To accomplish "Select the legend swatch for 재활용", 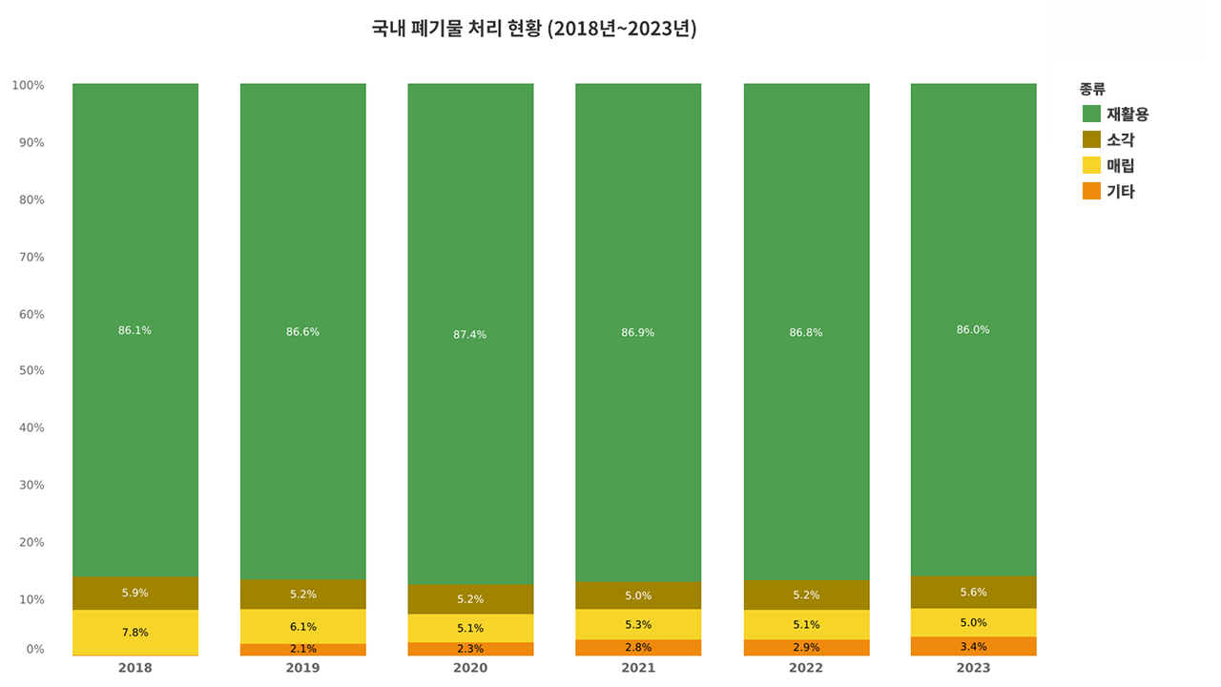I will (1092, 114).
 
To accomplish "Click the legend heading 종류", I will (1092, 89).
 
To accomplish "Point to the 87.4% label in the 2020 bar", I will (470, 335).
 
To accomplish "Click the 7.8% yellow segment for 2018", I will (135, 633).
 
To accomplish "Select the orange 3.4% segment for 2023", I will (973, 646).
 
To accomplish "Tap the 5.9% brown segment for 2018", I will (135, 593).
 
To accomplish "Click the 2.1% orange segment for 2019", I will (302, 649).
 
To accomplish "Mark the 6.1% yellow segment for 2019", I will (302, 627).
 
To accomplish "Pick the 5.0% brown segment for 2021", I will (638, 595).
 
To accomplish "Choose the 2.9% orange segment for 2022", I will (806, 647).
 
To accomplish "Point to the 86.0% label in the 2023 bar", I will (973, 330).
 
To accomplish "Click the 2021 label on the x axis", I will (638, 668).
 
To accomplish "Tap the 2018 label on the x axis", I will (135, 668).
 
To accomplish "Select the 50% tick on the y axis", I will (31, 370).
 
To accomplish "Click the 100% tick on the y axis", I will (29, 85).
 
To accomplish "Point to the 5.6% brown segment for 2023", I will (973, 592).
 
